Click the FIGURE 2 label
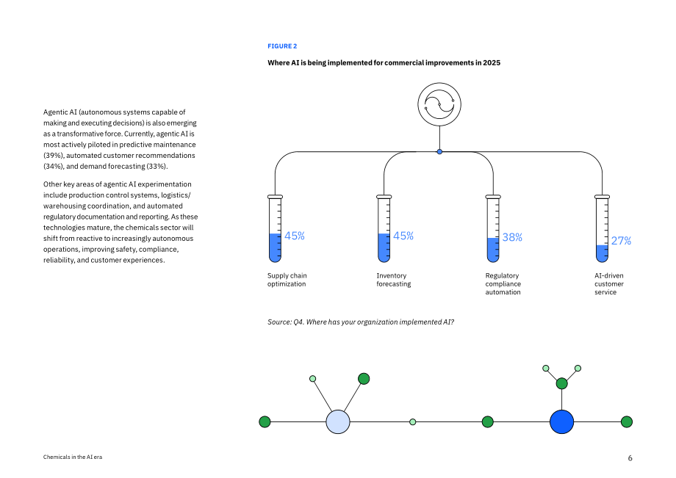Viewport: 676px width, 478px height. click(282, 46)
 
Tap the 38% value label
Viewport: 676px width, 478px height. click(512, 237)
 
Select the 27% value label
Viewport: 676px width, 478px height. click(621, 241)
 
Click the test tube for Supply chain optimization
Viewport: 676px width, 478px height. click(275, 228)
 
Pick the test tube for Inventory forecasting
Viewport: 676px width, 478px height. click(384, 228)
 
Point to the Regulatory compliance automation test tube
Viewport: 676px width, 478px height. click(493, 228)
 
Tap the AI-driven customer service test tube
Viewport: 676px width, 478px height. click(603, 228)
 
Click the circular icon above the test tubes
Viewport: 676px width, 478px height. click(439, 104)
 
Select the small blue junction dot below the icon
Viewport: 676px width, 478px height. click(439, 151)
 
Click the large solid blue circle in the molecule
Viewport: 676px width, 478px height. click(562, 421)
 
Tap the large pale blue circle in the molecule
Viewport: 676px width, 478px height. click(338, 421)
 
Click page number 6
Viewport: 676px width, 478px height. click(630, 458)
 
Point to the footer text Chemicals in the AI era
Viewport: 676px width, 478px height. click(73, 457)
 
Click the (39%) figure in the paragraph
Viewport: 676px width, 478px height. click(54, 156)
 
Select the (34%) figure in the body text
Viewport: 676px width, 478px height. click(54, 166)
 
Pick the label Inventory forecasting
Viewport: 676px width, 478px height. click(394, 280)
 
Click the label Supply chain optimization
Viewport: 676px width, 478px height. click(287, 280)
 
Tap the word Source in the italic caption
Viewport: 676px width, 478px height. click(279, 322)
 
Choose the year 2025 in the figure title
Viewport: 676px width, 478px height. click(492, 63)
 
